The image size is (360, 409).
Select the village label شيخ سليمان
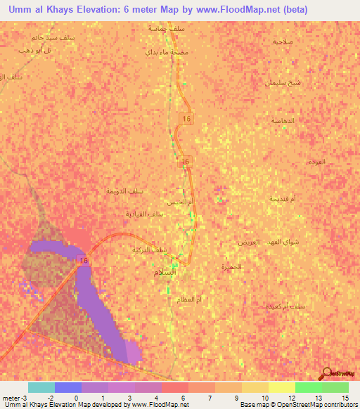tap(283, 82)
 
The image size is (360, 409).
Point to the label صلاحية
tap(283, 41)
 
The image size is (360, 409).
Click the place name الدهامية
tap(283, 121)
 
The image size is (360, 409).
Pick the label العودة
tap(316, 162)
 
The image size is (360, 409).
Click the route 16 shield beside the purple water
tap(84, 261)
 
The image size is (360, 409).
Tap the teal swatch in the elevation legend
tap(41, 387)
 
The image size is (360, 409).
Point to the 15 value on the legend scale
tap(345, 398)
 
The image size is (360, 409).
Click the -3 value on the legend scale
tap(25, 398)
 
